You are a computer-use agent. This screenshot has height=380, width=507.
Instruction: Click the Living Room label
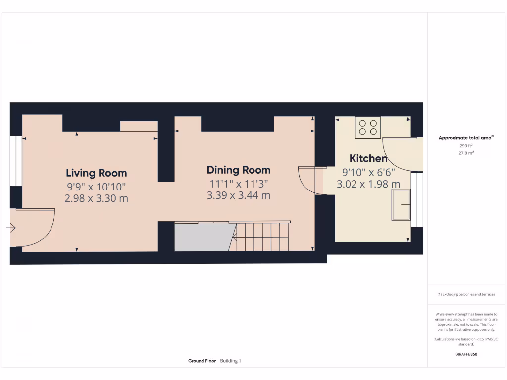click(x=97, y=173)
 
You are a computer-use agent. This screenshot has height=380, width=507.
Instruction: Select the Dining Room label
click(x=239, y=170)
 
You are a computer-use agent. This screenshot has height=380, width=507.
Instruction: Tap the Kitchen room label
click(x=368, y=158)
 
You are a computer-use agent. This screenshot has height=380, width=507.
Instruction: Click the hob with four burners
click(x=368, y=127)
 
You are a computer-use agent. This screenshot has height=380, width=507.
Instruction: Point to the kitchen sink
click(x=401, y=204)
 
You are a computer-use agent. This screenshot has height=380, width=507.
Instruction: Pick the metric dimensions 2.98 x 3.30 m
click(x=97, y=198)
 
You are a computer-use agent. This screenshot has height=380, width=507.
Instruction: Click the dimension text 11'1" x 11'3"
click(x=239, y=184)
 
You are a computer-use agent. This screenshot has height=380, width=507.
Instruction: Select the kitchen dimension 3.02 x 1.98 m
click(x=368, y=184)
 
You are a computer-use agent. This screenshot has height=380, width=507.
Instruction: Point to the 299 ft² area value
click(x=466, y=146)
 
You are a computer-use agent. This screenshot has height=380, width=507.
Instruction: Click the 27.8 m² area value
click(x=466, y=153)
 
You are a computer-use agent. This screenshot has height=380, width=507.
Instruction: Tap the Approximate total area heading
click(x=465, y=138)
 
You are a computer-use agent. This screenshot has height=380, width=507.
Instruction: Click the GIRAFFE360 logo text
click(x=466, y=354)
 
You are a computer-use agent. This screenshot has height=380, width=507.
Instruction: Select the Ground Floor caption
click(x=202, y=361)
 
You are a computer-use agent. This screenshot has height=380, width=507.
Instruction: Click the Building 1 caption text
click(x=231, y=361)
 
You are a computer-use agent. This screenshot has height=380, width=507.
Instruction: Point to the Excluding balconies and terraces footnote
click(x=466, y=294)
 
